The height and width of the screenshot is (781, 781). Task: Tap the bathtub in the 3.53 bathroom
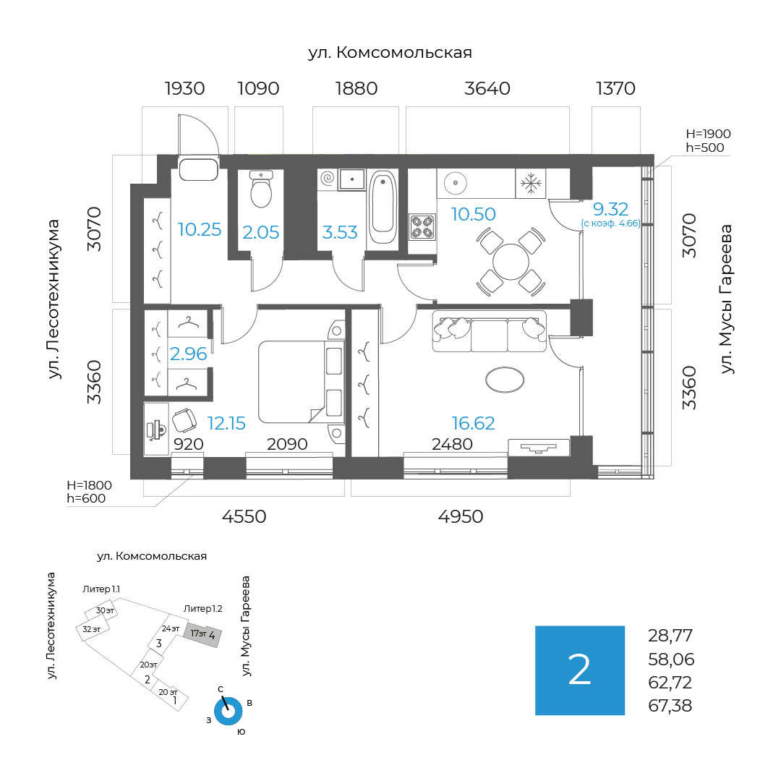tap(382, 206)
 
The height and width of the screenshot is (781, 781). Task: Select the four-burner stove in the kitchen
tap(422, 226)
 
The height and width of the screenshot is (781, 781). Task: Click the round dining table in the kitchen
tap(511, 261)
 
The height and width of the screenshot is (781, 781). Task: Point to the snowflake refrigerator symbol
tap(532, 184)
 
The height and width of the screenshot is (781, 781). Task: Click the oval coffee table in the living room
tap(504, 379)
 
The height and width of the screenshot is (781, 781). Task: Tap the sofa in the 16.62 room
tap(489, 334)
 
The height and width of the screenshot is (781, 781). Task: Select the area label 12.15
tap(226, 423)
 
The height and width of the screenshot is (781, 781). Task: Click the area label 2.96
tap(188, 354)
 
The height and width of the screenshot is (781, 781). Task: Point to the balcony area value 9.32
tap(610, 210)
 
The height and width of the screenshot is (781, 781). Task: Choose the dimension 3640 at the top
tap(487, 89)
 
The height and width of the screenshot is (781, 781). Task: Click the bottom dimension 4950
tap(461, 516)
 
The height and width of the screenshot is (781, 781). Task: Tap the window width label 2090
tap(287, 444)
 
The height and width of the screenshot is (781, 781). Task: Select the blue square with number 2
tap(580, 670)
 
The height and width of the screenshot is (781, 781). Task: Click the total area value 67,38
tap(670, 705)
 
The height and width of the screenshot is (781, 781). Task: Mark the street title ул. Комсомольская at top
tap(390, 53)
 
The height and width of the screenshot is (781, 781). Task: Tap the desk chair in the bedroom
tap(184, 419)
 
